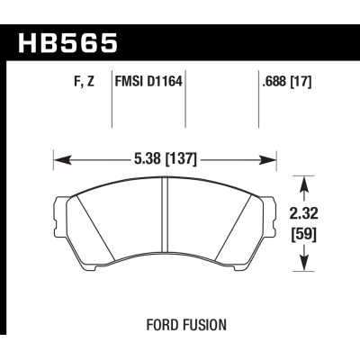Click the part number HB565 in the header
pyautogui.click(x=67, y=42)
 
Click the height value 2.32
pyautogui.click(x=308, y=217)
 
